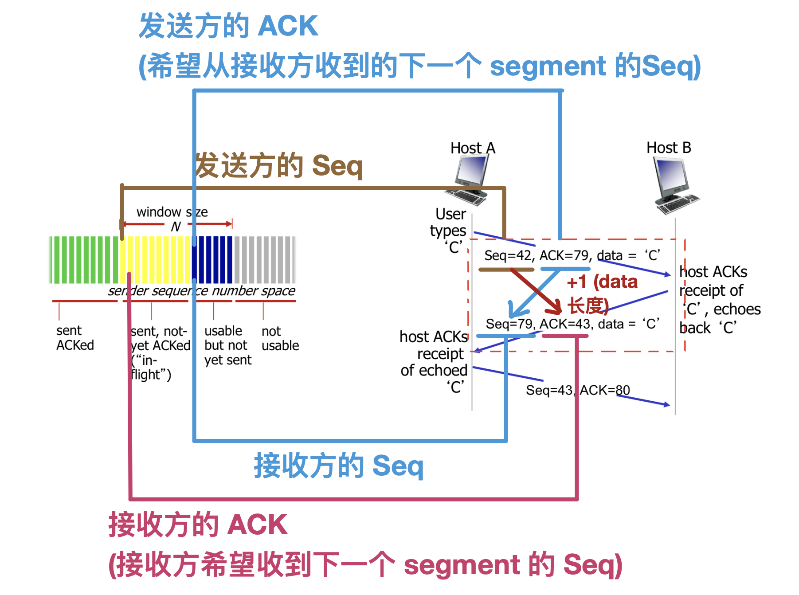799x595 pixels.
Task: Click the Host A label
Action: pos(473,148)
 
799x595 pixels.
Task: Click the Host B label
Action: pos(669,148)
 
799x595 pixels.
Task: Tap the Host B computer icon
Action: pos(675,186)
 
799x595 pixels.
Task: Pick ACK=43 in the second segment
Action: pos(564,324)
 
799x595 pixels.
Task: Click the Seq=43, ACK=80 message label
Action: pos(577,390)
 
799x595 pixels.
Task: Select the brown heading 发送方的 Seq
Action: pos(279,166)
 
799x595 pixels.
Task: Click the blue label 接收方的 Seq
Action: pos(339,466)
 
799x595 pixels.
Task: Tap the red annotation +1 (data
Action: pos(602,282)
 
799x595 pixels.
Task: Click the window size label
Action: pos(172,212)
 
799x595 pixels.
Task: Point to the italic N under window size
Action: pos(176,227)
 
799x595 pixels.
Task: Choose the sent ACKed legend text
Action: pos(74,338)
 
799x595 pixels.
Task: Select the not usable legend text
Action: pos(280,338)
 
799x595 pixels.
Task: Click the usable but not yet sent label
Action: pos(227,345)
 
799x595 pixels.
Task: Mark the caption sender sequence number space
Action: pos(201,291)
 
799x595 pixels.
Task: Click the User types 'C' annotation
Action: pos(449,231)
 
